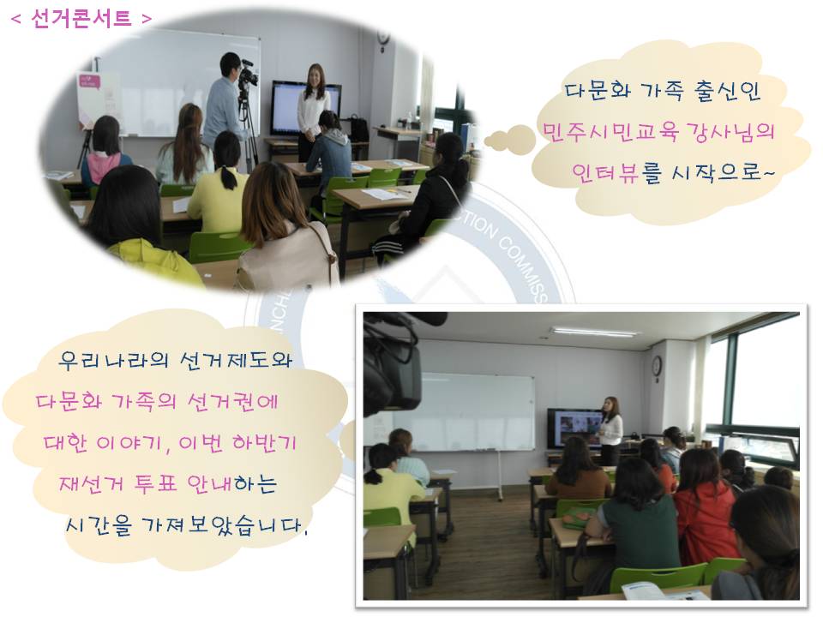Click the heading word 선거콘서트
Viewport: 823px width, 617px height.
[81, 19]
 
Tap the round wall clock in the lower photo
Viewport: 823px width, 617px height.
[657, 367]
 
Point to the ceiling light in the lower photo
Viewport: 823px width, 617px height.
[594, 332]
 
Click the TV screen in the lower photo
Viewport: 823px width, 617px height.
[573, 427]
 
